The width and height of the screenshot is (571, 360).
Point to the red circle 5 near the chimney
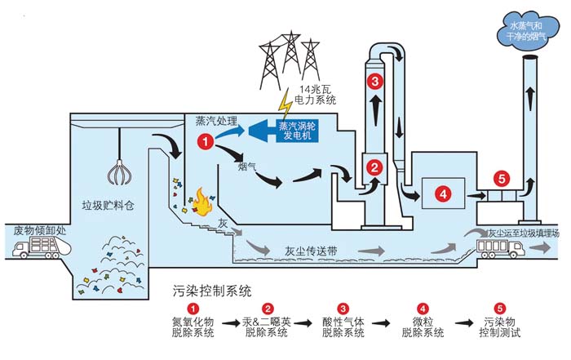(501, 177)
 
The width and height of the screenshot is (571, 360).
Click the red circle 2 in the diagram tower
(374, 168)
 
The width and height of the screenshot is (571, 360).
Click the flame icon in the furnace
(200, 200)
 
